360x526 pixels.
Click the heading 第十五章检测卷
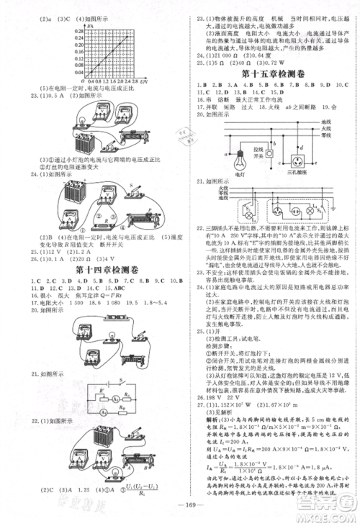(266, 73)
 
